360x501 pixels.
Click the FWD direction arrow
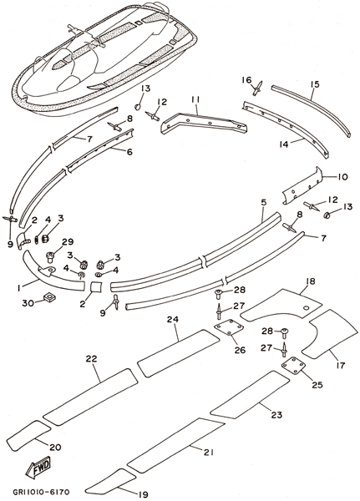coord(39,467)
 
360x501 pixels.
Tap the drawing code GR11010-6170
coord(41,492)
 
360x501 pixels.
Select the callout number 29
coord(68,242)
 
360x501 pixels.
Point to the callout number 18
coord(311,281)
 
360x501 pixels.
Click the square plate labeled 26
coord(229,329)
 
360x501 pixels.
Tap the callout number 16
coord(246,79)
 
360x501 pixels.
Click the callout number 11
coord(195,100)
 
